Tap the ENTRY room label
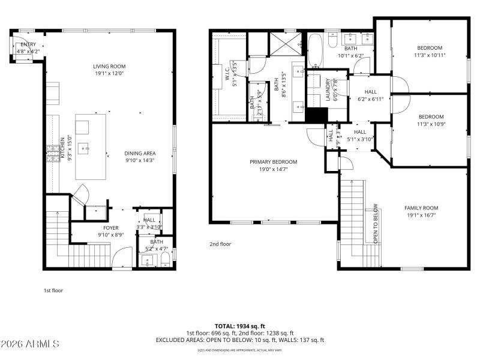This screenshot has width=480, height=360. [28, 44]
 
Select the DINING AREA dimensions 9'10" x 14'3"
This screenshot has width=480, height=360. [140, 161]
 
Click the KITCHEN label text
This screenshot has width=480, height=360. [62, 148]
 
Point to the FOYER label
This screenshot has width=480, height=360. [110, 228]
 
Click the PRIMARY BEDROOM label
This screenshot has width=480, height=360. [274, 161]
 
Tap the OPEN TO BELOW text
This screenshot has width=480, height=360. [376, 223]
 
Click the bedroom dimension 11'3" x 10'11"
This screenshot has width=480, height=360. [430, 55]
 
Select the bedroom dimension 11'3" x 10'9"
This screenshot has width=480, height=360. [430, 124]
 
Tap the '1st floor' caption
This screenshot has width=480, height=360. [53, 290]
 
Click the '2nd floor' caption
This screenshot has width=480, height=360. [220, 244]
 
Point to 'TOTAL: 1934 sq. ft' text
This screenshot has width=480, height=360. [240, 326]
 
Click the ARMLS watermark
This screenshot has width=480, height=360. [30, 344]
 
